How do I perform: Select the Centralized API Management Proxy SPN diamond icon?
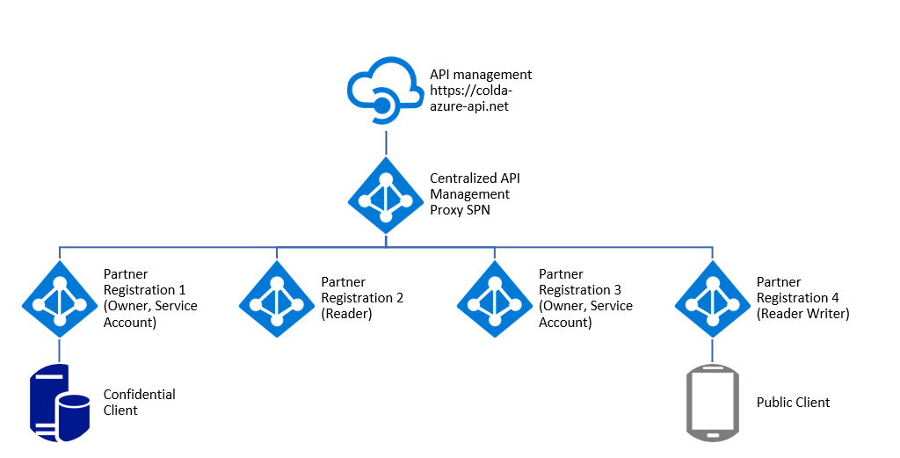point(384,194)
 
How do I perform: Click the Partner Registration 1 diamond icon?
point(59,298)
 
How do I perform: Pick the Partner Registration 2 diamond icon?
point(276,298)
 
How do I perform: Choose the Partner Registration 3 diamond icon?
point(494,298)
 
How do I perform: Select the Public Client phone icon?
point(711,403)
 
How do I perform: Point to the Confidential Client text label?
point(139,403)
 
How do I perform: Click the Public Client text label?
point(793,403)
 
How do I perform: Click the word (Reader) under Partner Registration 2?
point(347,314)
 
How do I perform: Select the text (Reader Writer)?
point(802,314)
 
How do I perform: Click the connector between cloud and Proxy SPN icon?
point(384,142)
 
